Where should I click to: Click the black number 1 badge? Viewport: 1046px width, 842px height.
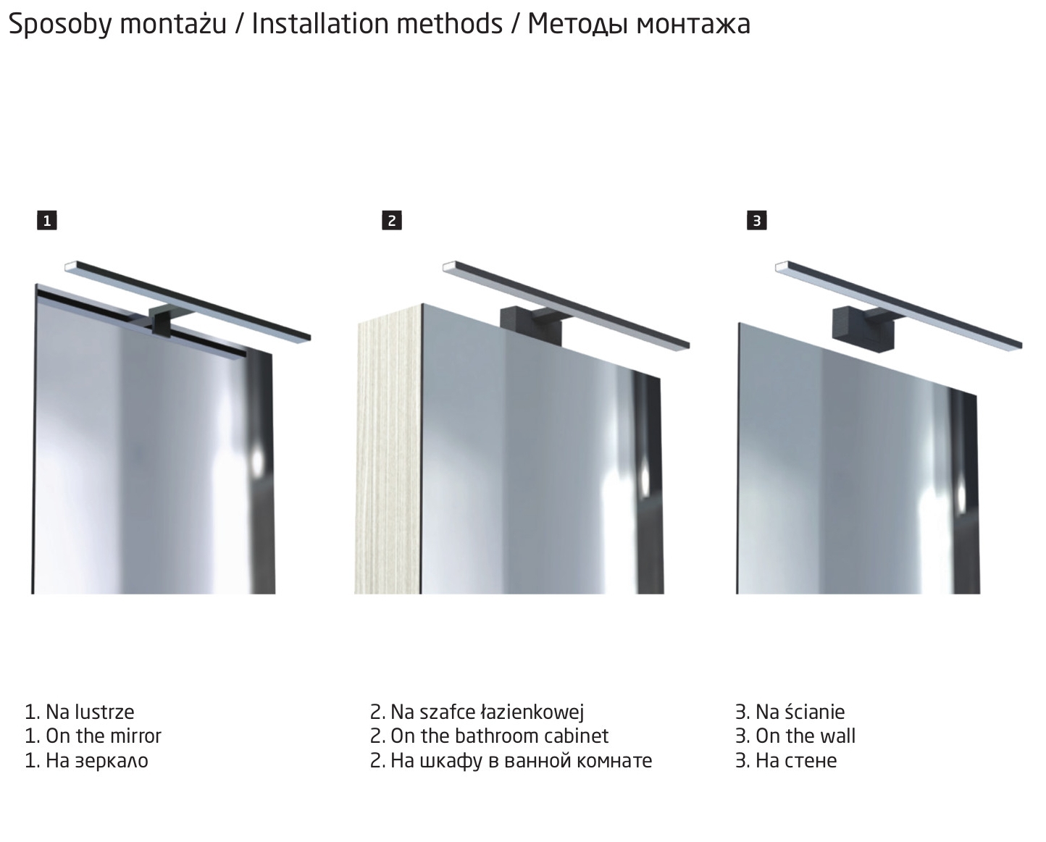tap(47, 221)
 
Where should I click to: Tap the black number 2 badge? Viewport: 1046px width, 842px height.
tap(392, 221)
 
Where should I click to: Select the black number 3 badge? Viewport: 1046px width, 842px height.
tap(757, 221)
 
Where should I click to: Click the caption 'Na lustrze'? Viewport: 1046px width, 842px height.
tap(90, 712)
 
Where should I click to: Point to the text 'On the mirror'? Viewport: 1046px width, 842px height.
tap(104, 736)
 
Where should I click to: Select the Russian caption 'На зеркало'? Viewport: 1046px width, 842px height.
tap(97, 760)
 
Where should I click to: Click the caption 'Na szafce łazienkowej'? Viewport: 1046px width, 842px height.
tap(487, 712)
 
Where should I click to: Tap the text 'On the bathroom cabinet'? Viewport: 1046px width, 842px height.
tap(500, 736)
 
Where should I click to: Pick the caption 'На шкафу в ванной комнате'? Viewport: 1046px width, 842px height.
tap(522, 761)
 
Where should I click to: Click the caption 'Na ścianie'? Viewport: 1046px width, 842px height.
tap(800, 712)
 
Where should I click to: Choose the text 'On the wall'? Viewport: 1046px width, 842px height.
tap(806, 736)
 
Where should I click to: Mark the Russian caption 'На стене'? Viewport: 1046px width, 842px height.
tap(796, 760)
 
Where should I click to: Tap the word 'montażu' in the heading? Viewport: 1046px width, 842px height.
tap(174, 25)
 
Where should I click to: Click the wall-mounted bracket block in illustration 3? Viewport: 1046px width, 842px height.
tap(863, 329)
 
